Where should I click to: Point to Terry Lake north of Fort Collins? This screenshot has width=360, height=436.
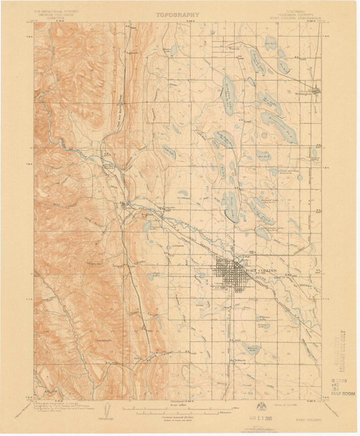click(x=230, y=209)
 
